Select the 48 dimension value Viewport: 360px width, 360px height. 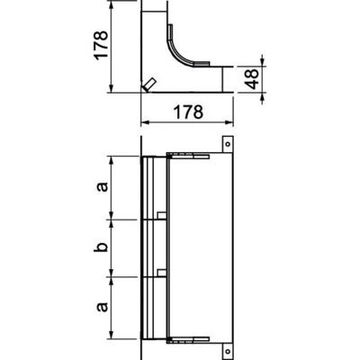click(x=255, y=78)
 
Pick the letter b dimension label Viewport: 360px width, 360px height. click(x=102, y=246)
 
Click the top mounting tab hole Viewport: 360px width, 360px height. click(x=228, y=142)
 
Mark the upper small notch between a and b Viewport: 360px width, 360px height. click(x=159, y=216)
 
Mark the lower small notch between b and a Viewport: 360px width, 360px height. click(x=159, y=273)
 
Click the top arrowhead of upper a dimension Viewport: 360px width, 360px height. click(x=112, y=161)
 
